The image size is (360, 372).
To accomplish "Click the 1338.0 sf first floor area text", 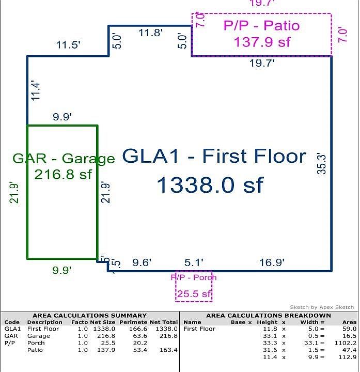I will [210, 185].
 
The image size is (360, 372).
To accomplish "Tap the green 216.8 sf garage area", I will [63, 174].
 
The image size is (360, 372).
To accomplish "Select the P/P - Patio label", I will [261, 25].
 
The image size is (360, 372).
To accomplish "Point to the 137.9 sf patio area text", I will [262, 42].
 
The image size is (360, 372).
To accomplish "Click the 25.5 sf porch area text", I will [194, 295].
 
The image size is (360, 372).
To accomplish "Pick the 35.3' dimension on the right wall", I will [322, 163].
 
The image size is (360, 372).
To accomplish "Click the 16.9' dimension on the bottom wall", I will [272, 263].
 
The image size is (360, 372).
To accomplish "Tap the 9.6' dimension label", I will [142, 263].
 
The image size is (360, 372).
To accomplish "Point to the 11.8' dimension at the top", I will [151, 33].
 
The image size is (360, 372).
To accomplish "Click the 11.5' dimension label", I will [68, 45].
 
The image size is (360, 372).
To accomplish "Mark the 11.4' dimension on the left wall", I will [35, 90].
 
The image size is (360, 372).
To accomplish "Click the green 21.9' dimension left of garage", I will [14, 192].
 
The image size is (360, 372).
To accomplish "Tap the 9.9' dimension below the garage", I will [62, 270].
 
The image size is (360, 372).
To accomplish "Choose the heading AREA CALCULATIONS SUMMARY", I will [89, 315].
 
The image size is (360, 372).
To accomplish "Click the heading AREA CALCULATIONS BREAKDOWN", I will [268, 315].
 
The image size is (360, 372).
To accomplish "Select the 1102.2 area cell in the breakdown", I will [345, 343].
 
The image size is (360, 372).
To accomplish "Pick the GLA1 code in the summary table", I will [12, 329].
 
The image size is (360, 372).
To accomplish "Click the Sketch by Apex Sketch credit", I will [322, 307].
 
